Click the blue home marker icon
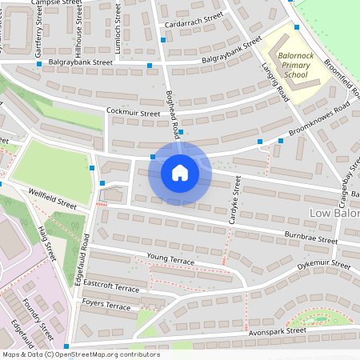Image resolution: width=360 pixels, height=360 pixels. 179,172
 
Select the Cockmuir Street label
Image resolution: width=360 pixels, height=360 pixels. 133,114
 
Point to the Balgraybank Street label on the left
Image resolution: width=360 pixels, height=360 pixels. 80,62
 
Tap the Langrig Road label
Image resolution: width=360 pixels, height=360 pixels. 274,82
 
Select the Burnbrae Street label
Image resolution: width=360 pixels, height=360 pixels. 311,238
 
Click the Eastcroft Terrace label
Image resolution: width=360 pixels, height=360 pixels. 110,285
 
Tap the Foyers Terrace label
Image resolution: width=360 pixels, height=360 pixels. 106,306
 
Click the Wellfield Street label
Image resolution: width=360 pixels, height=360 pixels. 52,199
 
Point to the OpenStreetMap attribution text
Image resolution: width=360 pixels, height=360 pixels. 80,354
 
